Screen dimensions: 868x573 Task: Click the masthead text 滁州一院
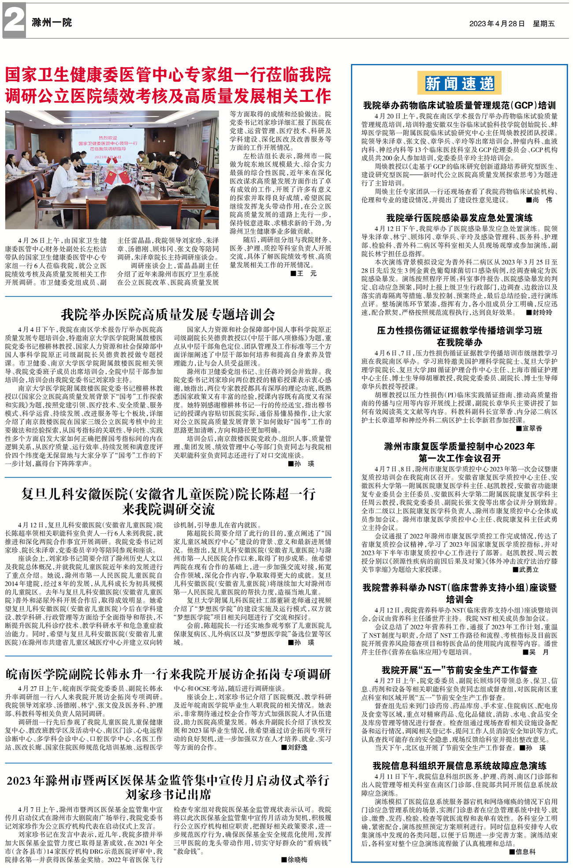point(52,22)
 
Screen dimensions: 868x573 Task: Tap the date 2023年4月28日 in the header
point(497,24)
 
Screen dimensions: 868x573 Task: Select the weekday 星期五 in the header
point(544,24)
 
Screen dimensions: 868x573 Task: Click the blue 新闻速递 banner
point(459,83)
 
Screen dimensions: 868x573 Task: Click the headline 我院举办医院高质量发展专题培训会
point(168,314)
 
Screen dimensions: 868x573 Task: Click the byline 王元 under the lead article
point(307,273)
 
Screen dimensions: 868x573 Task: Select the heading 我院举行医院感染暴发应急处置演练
point(459,218)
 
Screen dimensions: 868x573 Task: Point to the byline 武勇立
point(528,569)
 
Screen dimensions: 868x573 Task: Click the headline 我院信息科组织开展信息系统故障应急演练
point(459,766)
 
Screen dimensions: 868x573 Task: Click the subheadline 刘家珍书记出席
point(168,794)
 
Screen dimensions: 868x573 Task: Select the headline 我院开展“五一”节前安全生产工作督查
point(459,670)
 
